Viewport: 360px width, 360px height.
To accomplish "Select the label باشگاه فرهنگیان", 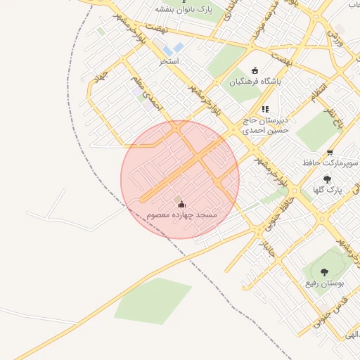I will (x=255, y=81).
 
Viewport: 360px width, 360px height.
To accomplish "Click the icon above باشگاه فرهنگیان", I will (x=255, y=70).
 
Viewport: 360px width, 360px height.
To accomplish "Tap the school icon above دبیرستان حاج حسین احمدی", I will (x=265, y=109).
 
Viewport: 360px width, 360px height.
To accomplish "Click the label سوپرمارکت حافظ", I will (x=330, y=162).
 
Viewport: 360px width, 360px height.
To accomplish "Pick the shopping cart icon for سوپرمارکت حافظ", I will (x=330, y=153).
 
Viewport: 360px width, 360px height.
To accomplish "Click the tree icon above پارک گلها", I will (x=327, y=179).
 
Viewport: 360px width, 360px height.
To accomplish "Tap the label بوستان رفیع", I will (x=324, y=283).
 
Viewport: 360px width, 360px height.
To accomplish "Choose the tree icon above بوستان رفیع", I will (x=324, y=272).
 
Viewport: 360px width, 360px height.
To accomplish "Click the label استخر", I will (x=169, y=61).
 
